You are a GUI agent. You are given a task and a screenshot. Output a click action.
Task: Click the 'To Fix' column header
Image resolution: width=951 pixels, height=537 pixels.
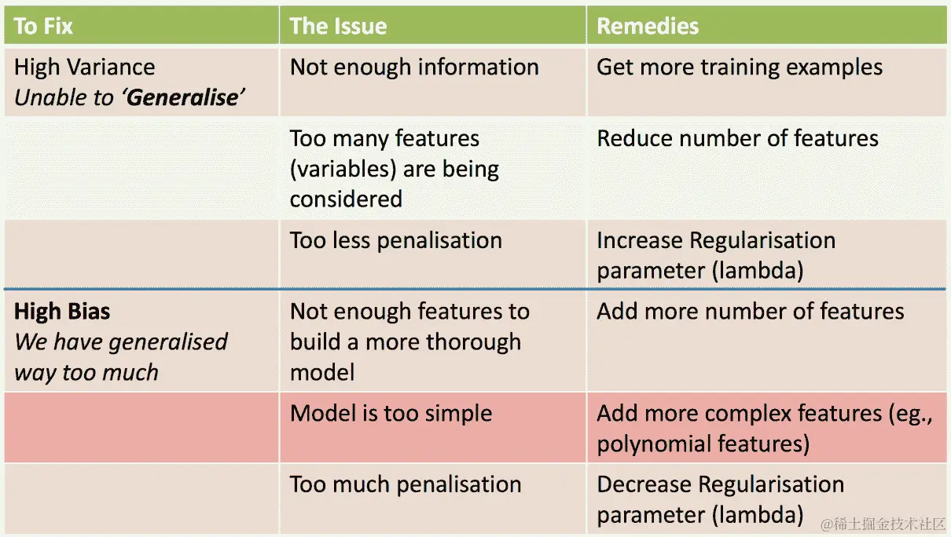(43, 26)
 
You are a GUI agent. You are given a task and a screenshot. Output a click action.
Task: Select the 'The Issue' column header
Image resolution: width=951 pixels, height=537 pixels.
(338, 26)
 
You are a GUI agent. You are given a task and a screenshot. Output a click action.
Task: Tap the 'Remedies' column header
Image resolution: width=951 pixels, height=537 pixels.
(648, 26)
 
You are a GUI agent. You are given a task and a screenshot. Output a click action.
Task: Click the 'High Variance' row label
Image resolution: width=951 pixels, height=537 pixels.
(84, 68)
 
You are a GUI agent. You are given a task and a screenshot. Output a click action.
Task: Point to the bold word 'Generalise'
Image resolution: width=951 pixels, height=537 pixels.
(184, 98)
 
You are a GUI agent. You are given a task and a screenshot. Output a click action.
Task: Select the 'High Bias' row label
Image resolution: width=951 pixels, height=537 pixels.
(62, 312)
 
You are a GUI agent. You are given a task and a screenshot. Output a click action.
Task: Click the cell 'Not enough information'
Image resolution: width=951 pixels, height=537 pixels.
(414, 68)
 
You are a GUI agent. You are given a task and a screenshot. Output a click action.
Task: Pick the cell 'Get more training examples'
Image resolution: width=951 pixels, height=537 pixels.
(739, 68)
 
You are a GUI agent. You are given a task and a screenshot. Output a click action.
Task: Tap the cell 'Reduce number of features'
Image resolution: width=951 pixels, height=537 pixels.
(737, 139)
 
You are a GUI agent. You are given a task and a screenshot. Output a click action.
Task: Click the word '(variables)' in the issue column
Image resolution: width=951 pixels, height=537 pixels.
(342, 170)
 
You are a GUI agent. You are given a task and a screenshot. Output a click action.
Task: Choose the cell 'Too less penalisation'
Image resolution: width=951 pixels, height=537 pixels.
(395, 240)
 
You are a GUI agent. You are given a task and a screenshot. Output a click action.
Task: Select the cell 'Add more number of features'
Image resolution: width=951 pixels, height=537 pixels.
(750, 312)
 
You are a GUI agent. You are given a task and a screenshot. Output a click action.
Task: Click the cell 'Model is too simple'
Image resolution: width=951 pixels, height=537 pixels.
(391, 414)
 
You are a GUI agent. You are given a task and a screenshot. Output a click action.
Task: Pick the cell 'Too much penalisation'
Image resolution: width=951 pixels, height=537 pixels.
(405, 484)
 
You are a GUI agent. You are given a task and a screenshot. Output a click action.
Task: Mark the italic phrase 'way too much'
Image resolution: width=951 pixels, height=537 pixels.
(86, 372)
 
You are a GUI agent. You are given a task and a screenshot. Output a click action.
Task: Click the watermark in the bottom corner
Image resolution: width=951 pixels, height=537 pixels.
(883, 524)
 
